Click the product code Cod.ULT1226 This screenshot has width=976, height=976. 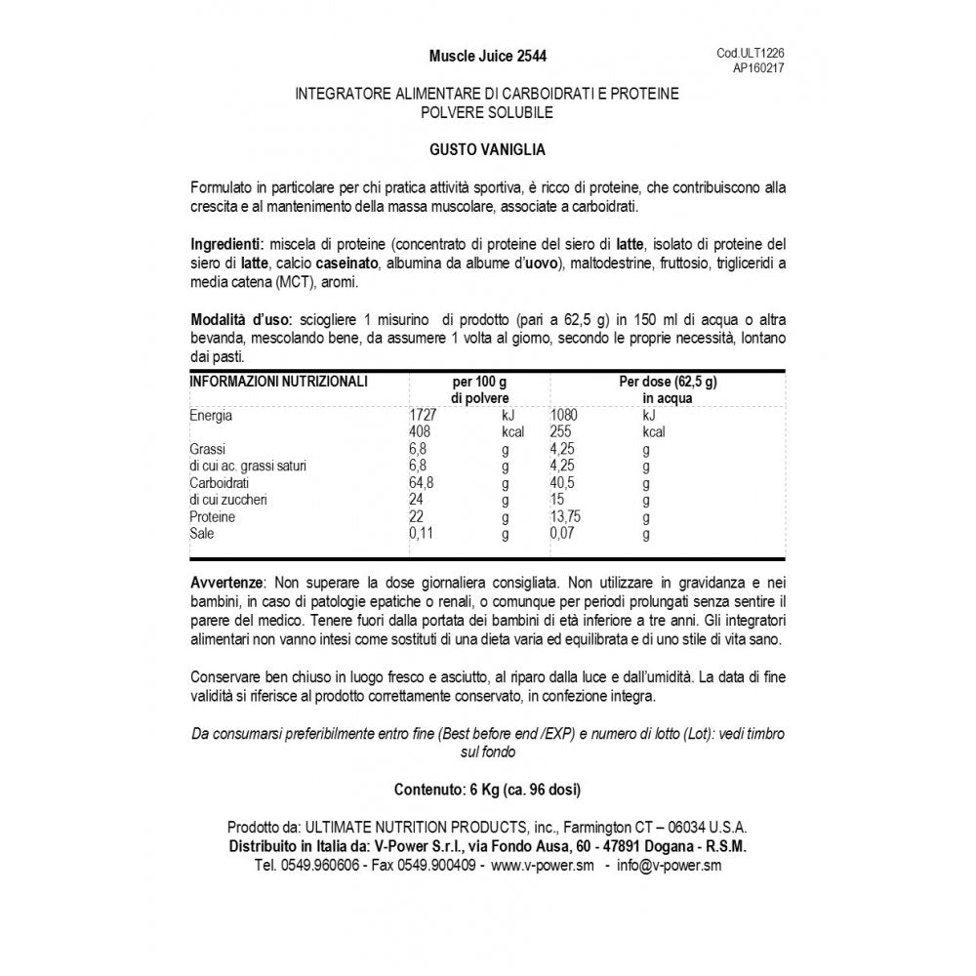click(x=751, y=55)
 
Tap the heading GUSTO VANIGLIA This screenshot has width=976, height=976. click(x=487, y=150)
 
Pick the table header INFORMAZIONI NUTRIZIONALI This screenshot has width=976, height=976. click(x=278, y=382)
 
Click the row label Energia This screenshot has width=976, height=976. click(x=212, y=416)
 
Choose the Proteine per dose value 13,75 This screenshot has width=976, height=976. click(x=570, y=517)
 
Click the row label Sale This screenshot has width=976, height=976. click(x=202, y=534)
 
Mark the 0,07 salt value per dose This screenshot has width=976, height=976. click(x=564, y=534)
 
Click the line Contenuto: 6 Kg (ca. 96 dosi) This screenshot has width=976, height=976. click(x=487, y=789)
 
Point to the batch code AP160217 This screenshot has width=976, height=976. click(x=758, y=69)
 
